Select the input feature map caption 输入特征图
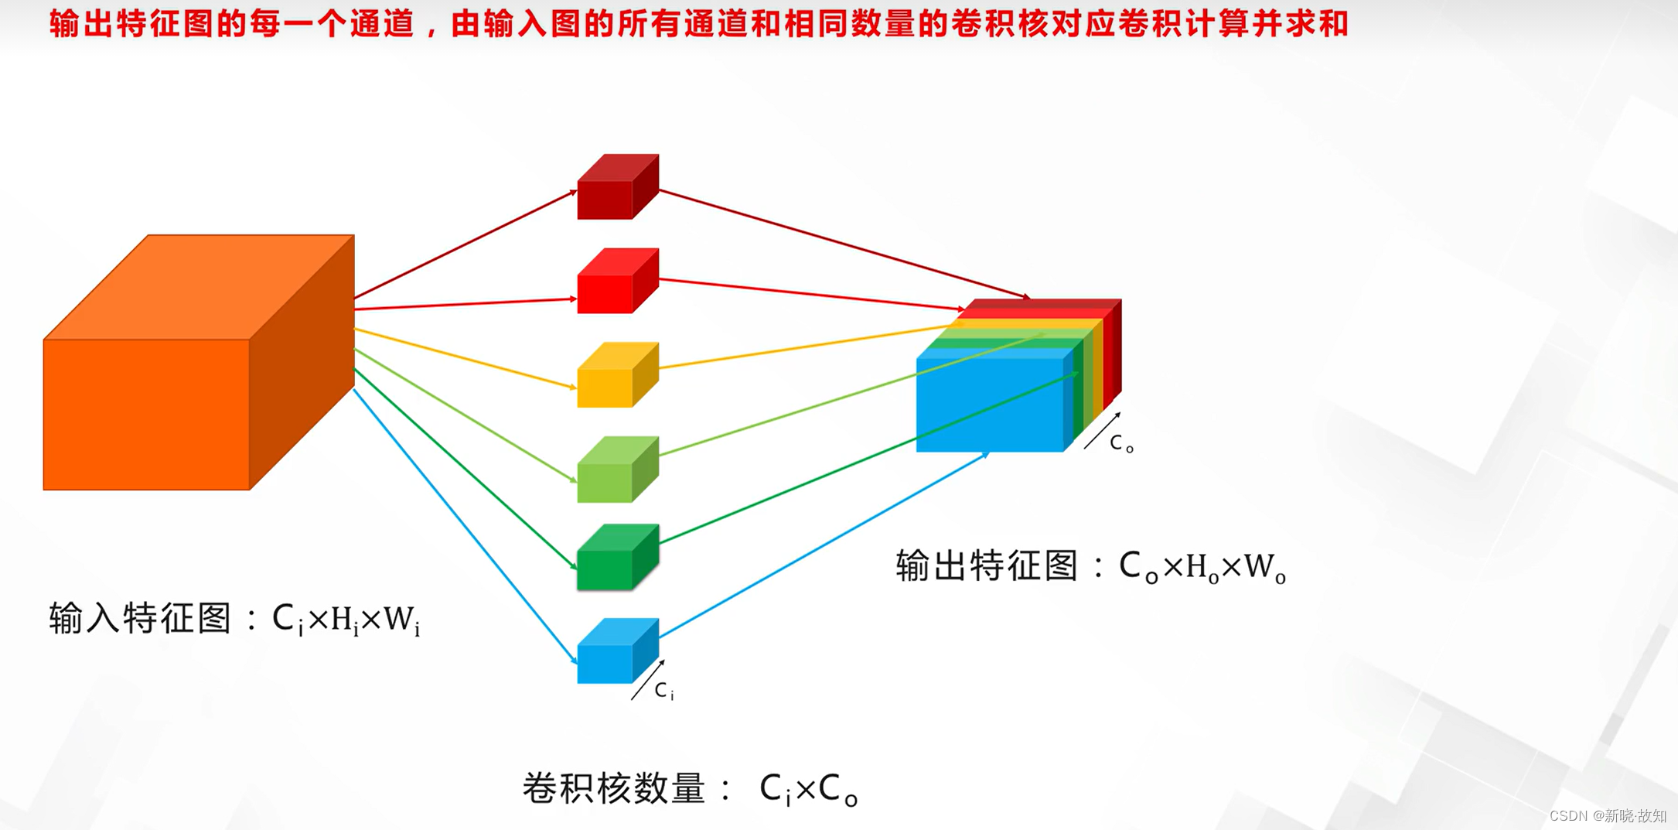[x=140, y=619]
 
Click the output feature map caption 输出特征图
[x=987, y=566]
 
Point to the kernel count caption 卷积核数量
[x=615, y=789]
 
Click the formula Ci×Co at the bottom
[x=808, y=789]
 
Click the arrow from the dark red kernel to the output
[x=843, y=244]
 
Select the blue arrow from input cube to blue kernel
[x=464, y=526]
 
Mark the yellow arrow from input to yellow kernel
[x=464, y=358]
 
